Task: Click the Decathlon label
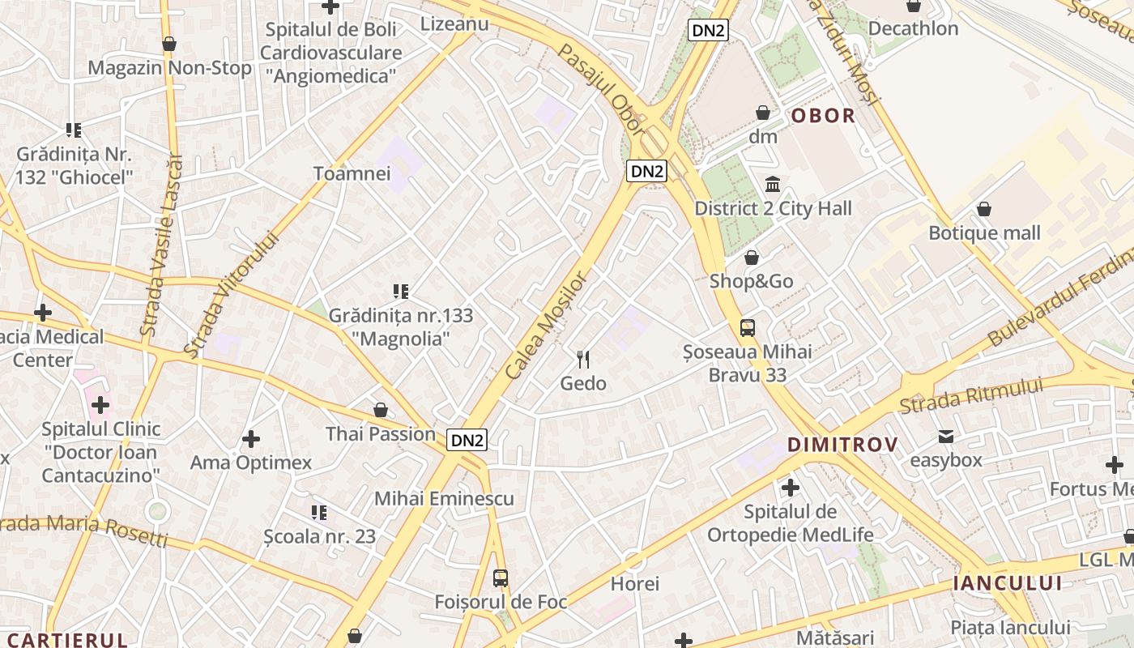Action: pos(913,28)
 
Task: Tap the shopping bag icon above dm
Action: pos(762,113)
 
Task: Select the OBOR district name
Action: pos(823,116)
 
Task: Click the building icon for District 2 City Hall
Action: pos(773,185)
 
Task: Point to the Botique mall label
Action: pos(984,233)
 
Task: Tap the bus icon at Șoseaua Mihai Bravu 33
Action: pos(748,328)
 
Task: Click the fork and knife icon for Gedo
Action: pos(583,359)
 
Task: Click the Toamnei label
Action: pos(352,173)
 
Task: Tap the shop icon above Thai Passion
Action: pos(380,411)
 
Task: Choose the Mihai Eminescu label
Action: pos(444,498)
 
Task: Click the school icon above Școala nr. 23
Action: pos(319,513)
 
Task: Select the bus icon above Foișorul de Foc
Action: pos(501,578)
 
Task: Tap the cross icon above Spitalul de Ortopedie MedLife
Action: pos(790,488)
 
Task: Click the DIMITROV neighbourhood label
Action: pos(842,445)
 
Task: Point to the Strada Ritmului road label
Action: pos(971,396)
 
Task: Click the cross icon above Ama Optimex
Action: pos(251,439)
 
